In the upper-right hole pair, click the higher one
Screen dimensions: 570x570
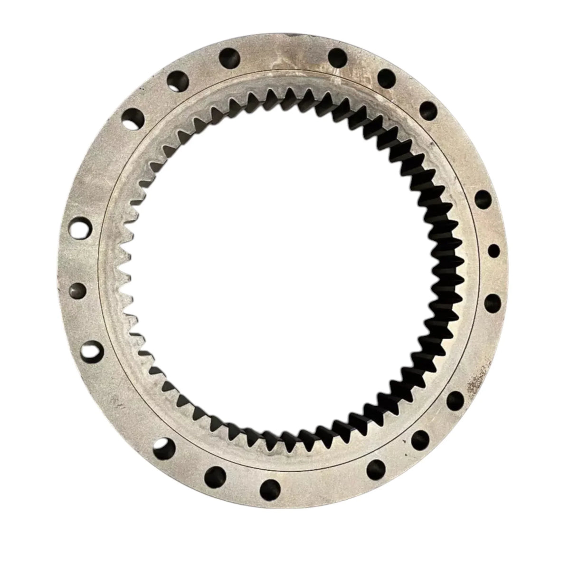coord(387,76)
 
